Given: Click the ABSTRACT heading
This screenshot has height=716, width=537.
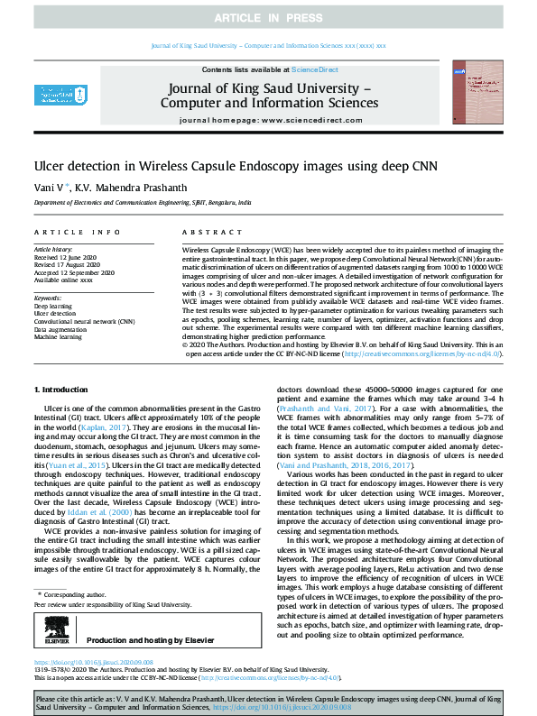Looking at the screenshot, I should [205, 232].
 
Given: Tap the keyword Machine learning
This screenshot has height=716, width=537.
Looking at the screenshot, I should [60, 337].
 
